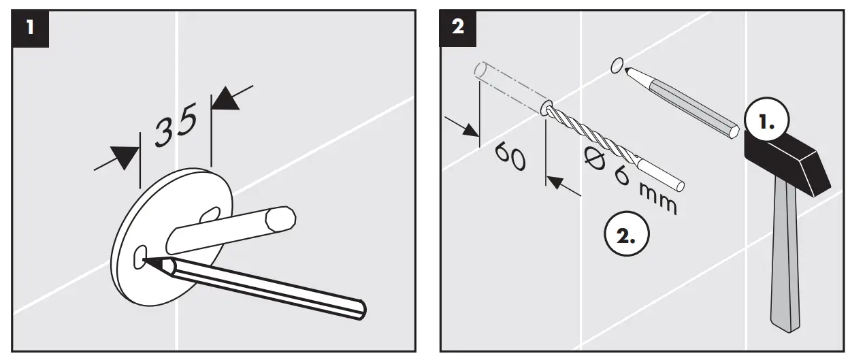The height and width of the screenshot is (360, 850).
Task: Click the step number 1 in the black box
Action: click(x=29, y=28)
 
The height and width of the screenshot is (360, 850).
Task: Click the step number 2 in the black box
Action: click(x=458, y=28)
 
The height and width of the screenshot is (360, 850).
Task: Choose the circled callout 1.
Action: click(x=766, y=122)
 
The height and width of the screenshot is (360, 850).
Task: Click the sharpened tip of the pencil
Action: click(x=146, y=259)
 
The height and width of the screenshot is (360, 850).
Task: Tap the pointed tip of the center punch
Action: click(x=628, y=69)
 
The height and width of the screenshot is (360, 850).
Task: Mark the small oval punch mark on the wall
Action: click(x=616, y=65)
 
